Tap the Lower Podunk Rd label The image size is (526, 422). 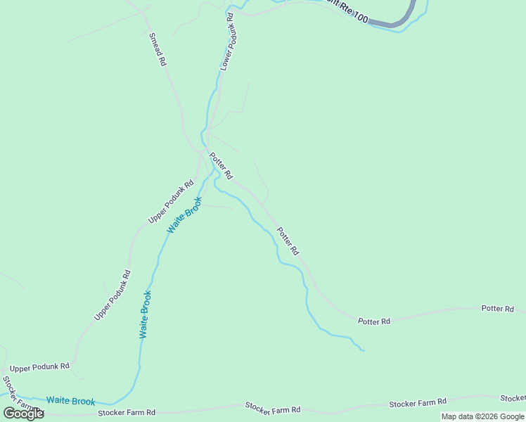coord(226,41)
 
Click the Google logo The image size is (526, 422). coord(23,414)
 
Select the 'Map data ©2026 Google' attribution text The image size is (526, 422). coord(482,416)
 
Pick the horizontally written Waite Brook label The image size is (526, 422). coord(70,401)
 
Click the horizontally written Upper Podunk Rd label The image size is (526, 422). coord(39,366)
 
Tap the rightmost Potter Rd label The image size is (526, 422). coord(498,309)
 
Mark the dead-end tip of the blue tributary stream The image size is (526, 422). coord(363,350)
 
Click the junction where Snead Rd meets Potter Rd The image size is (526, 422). coord(203,149)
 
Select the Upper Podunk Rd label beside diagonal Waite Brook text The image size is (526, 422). coord(170,203)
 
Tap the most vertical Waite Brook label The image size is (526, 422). coord(145,314)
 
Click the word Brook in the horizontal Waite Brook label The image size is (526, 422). coord(82,402)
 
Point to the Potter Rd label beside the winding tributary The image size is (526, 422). coord(288,241)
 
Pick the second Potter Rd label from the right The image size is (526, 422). coord(373,321)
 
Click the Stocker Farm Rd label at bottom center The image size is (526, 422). coord(272,408)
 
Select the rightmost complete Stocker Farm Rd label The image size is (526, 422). coord(418,402)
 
